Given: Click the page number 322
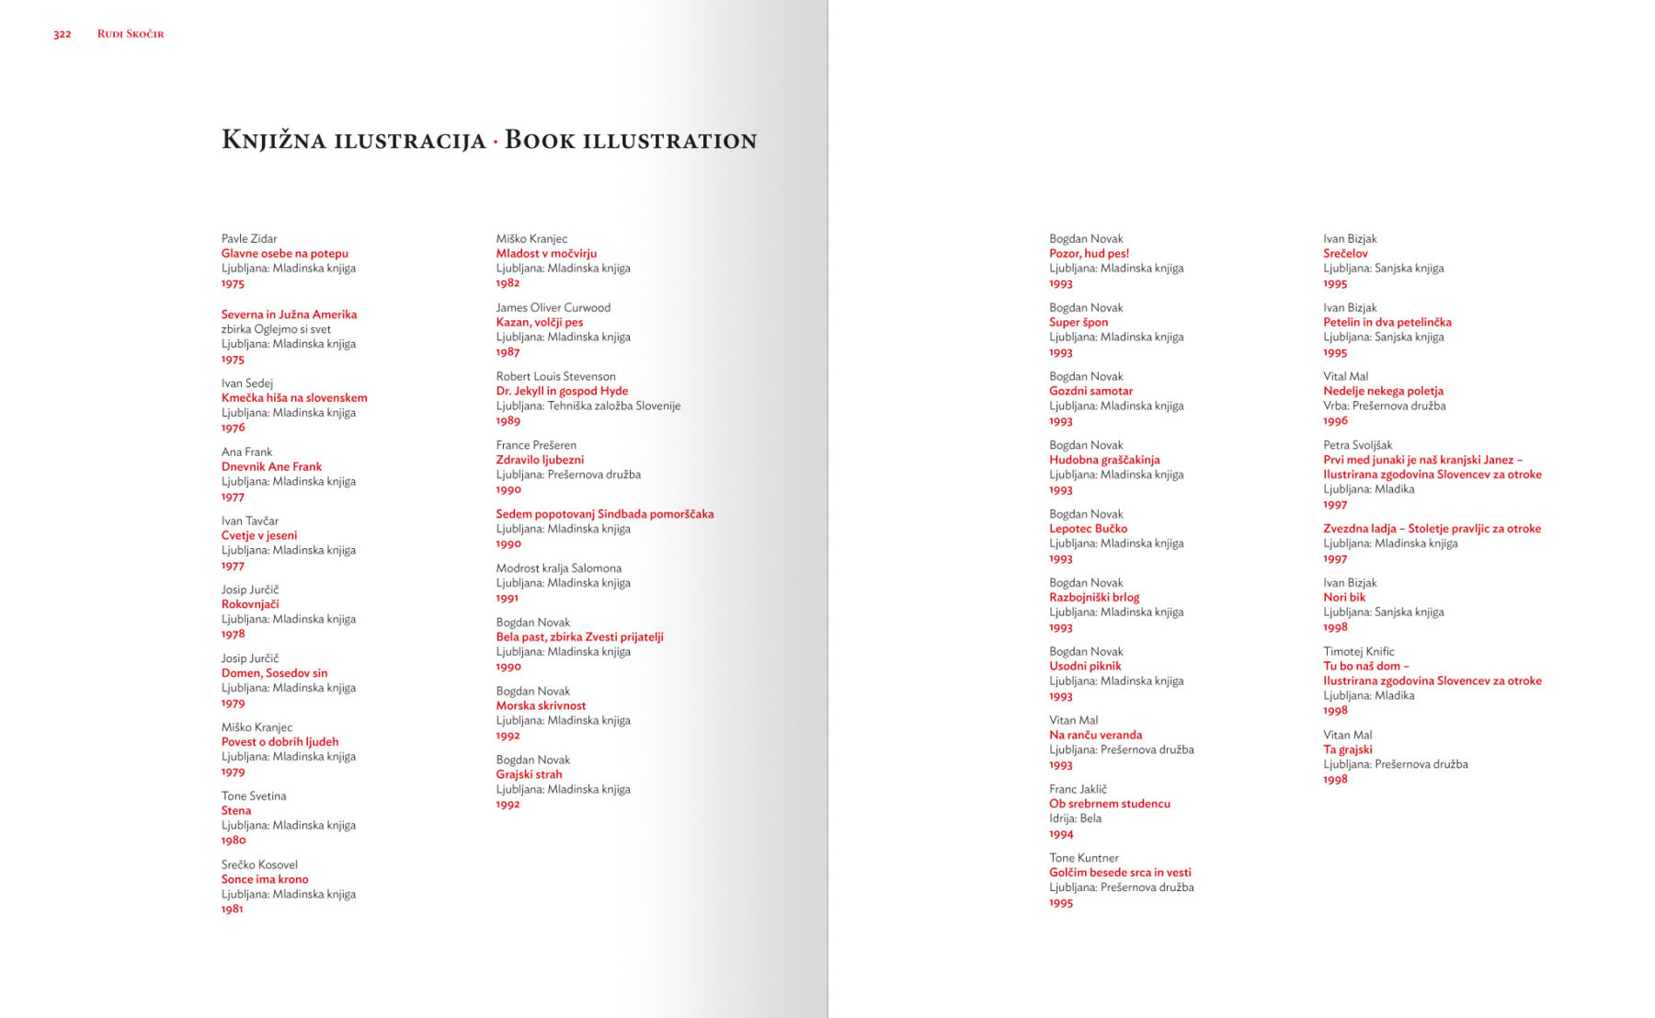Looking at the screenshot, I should click(62, 34).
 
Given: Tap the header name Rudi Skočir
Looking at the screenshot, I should click(131, 34).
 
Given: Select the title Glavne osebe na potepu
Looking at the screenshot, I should click(284, 253).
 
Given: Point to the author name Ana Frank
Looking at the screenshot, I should click(246, 452).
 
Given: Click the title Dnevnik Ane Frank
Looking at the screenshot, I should click(271, 466).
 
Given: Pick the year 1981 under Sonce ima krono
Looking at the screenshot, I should click(232, 909).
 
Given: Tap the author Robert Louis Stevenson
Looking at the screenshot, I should click(555, 376).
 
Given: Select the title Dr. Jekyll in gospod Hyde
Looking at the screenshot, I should click(562, 391).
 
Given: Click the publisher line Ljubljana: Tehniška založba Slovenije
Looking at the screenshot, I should click(588, 406).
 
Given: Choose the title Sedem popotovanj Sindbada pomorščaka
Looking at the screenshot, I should click(604, 514).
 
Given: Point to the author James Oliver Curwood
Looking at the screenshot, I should click(553, 307).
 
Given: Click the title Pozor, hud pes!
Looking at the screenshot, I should click(1089, 253).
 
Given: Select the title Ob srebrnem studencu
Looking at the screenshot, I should click(1109, 804).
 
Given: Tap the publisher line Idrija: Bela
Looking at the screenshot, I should click(1075, 818).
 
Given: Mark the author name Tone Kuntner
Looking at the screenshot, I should click(1083, 858).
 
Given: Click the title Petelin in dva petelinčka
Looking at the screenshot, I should click(1387, 322).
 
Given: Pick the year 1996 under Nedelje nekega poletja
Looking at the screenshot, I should click(1335, 420).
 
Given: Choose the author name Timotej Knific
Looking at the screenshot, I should click(1358, 651).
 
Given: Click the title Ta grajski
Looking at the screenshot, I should click(1347, 749).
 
